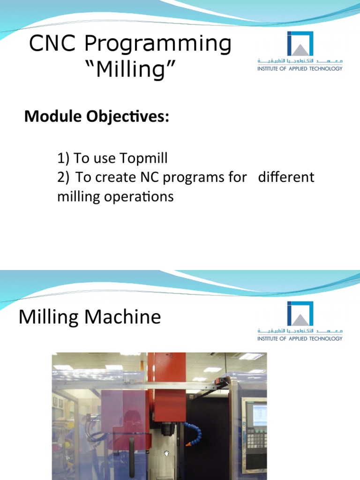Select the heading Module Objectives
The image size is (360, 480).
coord(96,117)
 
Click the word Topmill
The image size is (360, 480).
coord(144,159)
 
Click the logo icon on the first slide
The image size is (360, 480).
coord(300,45)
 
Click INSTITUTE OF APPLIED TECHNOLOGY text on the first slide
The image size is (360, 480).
coord(300,68)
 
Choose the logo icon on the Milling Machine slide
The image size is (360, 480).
coord(300,314)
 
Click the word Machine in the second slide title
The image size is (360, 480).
coord(127,317)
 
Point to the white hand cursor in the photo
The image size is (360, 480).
coord(166,453)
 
